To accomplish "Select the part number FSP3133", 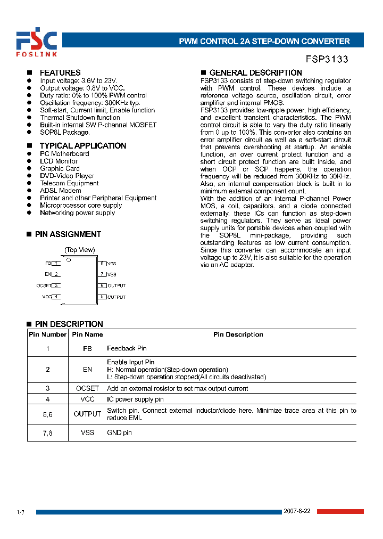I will (x=327, y=60).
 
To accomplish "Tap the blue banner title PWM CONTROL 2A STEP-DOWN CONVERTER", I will (x=264, y=41).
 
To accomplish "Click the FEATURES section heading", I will (x=60, y=72).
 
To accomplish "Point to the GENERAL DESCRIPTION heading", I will (x=255, y=72).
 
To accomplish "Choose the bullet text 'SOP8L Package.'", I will (x=65, y=132).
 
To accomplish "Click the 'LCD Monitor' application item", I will (x=59, y=161).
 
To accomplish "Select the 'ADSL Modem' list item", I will (x=61, y=190).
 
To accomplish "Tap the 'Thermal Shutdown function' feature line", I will (x=80, y=117).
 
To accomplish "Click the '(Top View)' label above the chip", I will (x=80, y=250).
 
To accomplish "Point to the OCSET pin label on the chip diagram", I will (x=43, y=285).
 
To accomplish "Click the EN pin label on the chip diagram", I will (x=48, y=274).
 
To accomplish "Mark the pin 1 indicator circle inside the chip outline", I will (x=68, y=260).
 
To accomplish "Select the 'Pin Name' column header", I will (x=87, y=334).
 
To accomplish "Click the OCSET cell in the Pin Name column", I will (x=87, y=388).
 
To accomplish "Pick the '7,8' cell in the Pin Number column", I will (x=47, y=432).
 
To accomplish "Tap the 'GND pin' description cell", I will (x=119, y=432).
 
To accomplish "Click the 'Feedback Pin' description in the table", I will (x=127, y=348).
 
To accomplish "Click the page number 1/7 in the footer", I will (x=21, y=512).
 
